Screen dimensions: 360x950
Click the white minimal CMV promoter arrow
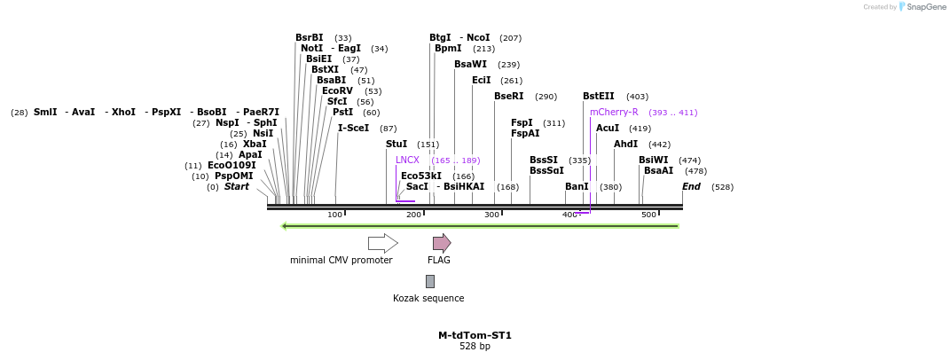382,243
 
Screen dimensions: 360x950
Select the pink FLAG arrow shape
441,243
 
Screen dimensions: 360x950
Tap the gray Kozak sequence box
430,281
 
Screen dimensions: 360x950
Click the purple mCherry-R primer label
614,113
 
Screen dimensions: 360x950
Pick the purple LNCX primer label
407,160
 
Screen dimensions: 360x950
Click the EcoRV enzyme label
337,91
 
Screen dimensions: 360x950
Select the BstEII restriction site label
598,97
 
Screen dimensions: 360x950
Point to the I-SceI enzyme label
353,129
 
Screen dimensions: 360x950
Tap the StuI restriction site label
396,145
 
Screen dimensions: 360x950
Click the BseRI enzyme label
508,97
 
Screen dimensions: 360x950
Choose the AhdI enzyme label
625,145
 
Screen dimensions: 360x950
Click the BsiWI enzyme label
653,160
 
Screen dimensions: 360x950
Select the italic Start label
236,187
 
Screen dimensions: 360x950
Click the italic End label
691,187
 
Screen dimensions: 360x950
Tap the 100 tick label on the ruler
334,215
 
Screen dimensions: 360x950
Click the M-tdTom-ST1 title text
475,335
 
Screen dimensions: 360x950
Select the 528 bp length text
475,347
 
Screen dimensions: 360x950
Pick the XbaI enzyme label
255,145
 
